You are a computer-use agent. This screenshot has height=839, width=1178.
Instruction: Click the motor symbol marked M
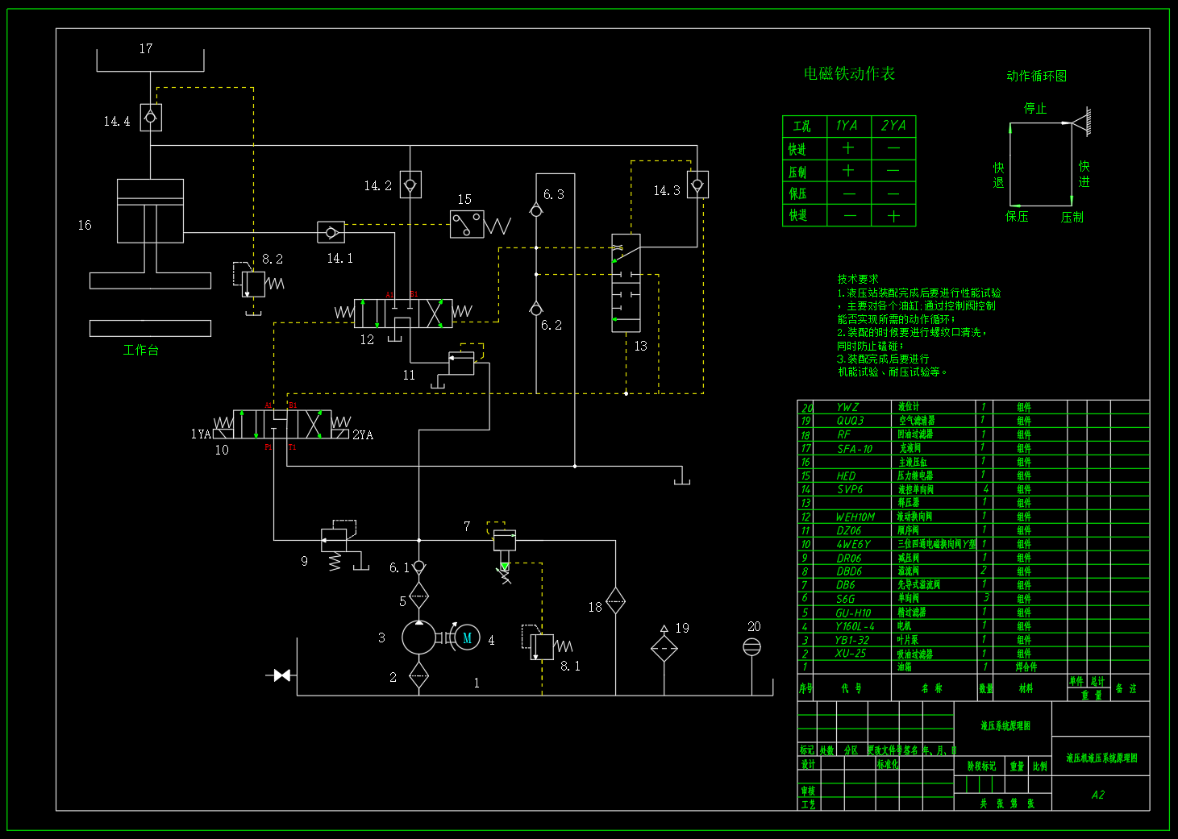coord(467,638)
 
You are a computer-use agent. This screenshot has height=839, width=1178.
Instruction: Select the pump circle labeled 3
coord(418,638)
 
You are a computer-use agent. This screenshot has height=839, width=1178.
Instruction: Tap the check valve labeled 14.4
coord(151,118)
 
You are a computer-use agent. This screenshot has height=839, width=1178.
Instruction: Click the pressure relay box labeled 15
coord(467,224)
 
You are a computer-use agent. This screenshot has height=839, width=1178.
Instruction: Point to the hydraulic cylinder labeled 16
coord(150,211)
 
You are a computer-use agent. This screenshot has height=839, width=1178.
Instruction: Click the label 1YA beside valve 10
coord(201,434)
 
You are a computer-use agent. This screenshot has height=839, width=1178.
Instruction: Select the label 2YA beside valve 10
coord(363,435)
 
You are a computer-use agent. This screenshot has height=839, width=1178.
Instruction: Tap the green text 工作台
coord(141,351)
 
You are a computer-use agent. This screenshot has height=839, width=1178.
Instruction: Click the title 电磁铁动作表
coord(849,73)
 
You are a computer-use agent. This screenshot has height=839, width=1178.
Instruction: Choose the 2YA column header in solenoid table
coord(893,126)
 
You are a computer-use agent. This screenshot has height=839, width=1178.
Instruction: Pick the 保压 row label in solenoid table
coord(797,193)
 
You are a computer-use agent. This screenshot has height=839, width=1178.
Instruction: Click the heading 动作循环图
coord(1036,76)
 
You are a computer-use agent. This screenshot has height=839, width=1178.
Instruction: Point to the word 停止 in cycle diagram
coord(1035,108)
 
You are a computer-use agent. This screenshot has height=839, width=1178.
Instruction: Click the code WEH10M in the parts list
coord(855,517)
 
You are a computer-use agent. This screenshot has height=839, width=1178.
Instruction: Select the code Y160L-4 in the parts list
coord(855,626)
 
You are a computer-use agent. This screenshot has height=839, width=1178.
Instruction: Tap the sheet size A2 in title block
coord(1097,795)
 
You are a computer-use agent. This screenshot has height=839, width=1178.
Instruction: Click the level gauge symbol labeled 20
coord(751,646)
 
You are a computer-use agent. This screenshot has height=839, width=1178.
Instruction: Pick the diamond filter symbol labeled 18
coord(615,600)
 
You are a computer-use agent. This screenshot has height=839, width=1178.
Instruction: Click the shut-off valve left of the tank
coord(281,675)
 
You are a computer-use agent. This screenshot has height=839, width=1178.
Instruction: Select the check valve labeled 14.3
coord(697,185)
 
